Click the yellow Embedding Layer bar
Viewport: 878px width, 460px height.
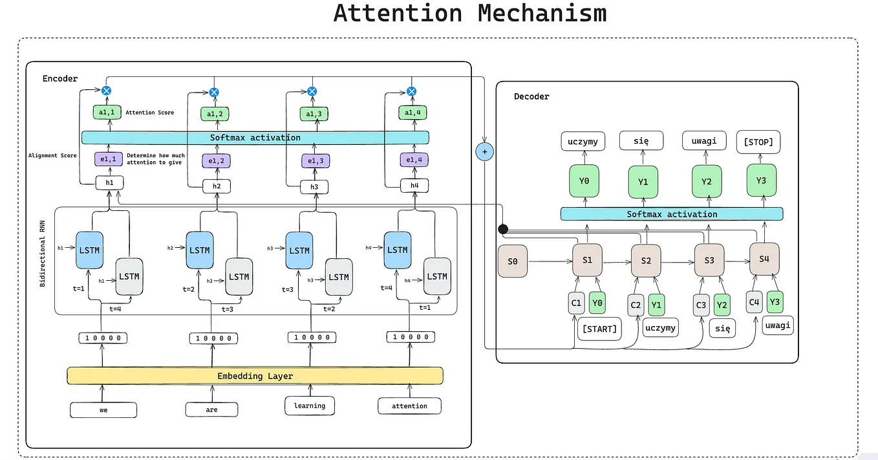pyautogui.click(x=255, y=376)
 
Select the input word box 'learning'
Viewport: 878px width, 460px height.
pyautogui.click(x=310, y=406)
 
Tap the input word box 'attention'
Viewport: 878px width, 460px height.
pyautogui.click(x=409, y=406)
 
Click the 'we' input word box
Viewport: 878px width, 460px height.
pyautogui.click(x=103, y=409)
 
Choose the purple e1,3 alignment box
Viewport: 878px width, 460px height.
pyautogui.click(x=314, y=160)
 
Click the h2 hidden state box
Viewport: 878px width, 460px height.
pyautogui.click(x=217, y=186)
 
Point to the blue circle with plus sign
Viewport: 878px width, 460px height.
pyautogui.click(x=484, y=151)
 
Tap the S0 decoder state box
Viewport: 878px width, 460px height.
pyautogui.click(x=513, y=262)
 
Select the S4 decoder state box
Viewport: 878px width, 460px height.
pyautogui.click(x=764, y=259)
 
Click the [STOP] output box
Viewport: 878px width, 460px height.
pyautogui.click(x=758, y=142)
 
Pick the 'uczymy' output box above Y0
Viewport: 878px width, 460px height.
pyautogui.click(x=584, y=141)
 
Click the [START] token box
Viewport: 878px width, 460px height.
pyautogui.click(x=599, y=329)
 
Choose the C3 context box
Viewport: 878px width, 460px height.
pyautogui.click(x=701, y=305)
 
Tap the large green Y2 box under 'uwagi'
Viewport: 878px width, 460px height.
pyautogui.click(x=706, y=181)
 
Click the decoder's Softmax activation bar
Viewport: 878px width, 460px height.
pyautogui.click(x=671, y=214)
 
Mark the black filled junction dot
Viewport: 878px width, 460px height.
pyautogui.click(x=503, y=229)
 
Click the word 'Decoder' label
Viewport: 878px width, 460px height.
pyautogui.click(x=531, y=96)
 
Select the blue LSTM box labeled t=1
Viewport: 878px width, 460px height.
pyautogui.click(x=89, y=250)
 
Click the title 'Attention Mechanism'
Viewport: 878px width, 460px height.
pyautogui.click(x=470, y=13)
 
